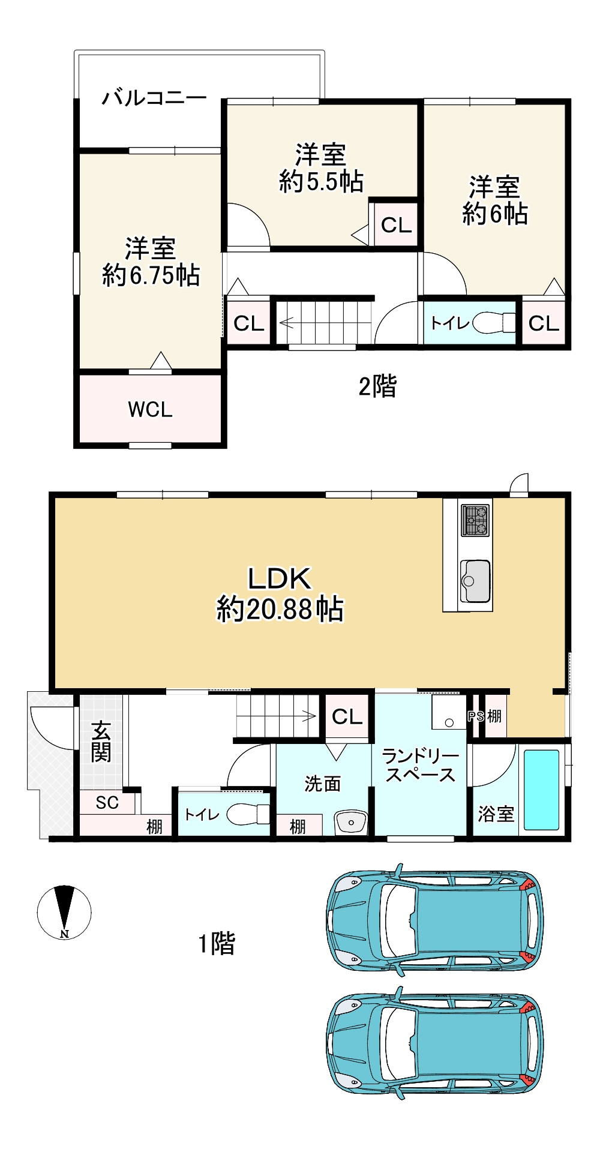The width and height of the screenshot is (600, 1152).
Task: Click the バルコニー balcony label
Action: point(154,97)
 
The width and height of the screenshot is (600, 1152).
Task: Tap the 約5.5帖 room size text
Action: point(321,181)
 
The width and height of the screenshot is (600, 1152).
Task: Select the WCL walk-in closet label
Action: point(150,409)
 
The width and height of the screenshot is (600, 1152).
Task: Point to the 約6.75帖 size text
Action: point(151,275)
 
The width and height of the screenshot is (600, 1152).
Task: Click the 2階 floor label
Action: point(377,386)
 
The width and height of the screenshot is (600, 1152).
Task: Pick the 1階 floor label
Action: point(217,943)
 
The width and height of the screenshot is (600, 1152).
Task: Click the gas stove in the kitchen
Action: point(475,520)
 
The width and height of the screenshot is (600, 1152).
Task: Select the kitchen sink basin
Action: point(475,581)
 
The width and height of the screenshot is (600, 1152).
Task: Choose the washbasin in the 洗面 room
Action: point(351,822)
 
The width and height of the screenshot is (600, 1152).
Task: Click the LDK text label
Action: point(280,578)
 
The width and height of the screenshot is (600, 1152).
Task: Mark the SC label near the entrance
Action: point(107,802)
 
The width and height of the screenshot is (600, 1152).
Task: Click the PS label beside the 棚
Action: point(476,716)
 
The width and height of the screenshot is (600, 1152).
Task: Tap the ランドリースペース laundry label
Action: point(419,765)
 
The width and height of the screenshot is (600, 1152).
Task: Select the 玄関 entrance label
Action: point(101,742)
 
